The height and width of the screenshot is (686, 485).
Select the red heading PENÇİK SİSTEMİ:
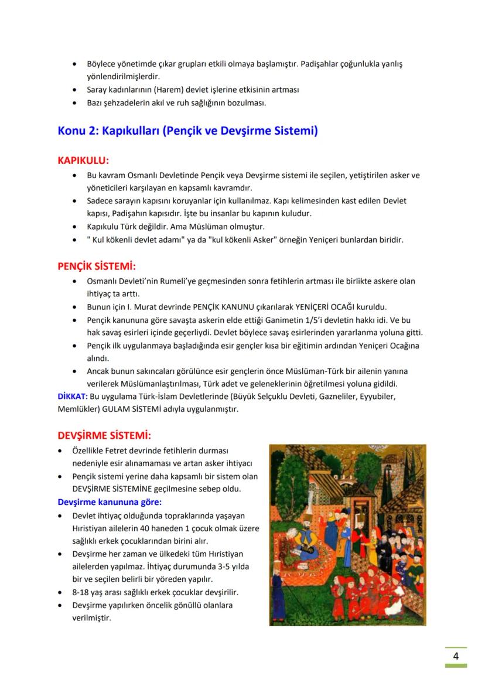click(97, 267)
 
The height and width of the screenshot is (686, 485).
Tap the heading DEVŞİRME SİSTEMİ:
click(104, 436)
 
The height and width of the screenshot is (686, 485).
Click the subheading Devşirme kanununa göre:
click(110, 502)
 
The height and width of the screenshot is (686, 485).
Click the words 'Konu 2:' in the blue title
click(78, 130)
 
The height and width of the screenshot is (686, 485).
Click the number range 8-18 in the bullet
click(80, 592)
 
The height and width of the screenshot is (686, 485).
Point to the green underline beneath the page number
click(455, 666)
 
